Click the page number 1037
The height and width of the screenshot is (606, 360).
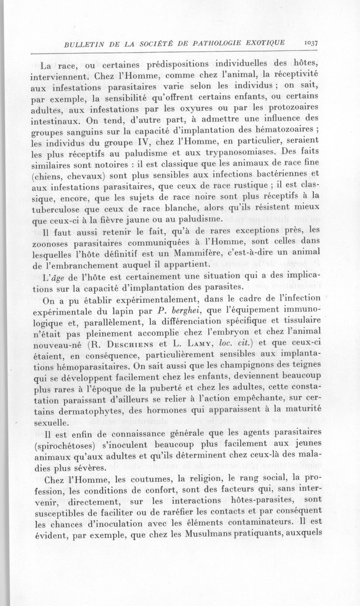tap(311, 43)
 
